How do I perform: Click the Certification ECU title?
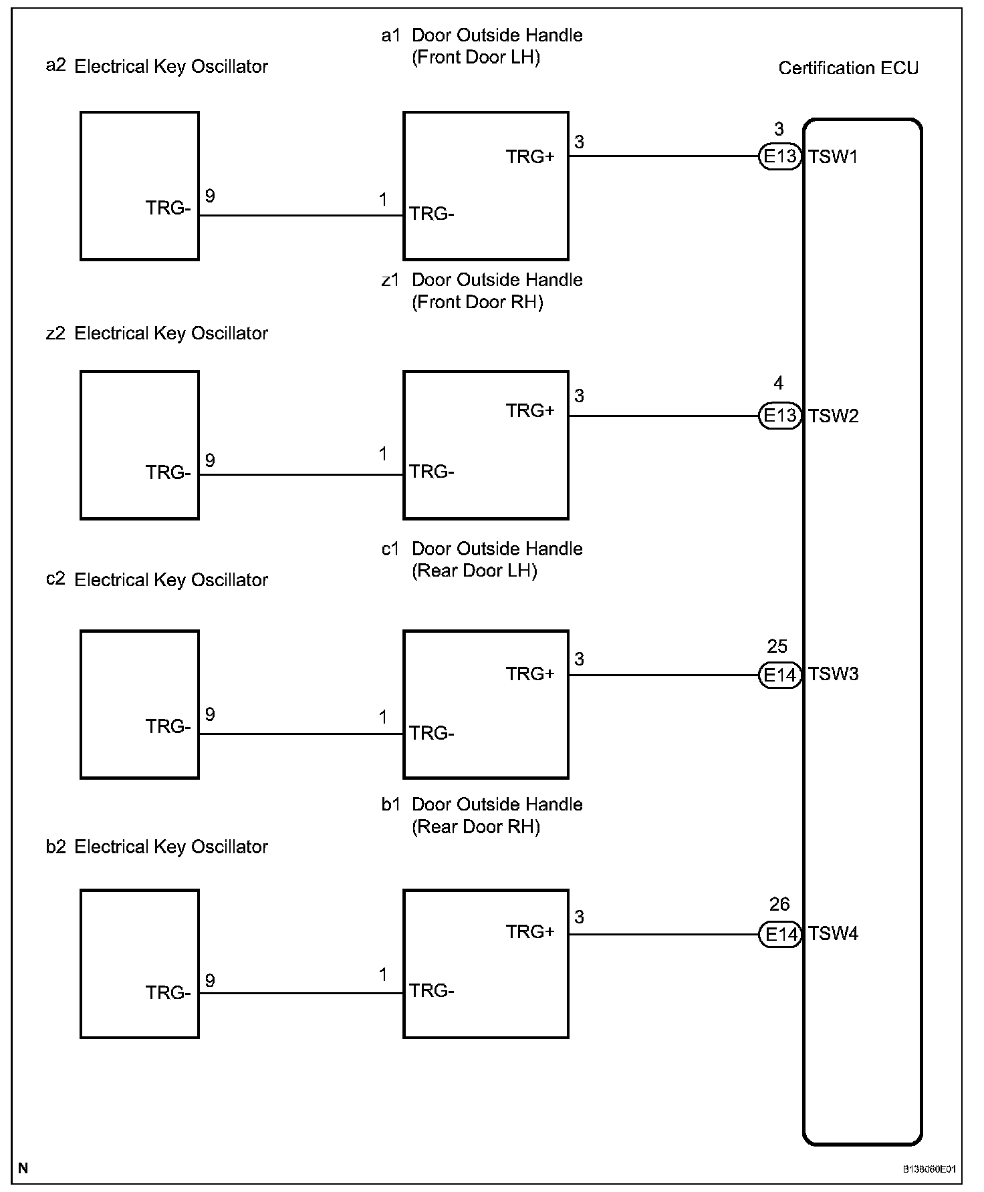tap(848, 68)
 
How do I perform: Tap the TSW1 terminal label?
tap(833, 157)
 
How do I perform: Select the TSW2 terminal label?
tap(833, 416)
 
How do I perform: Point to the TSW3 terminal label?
tap(833, 674)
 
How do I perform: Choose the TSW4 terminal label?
tap(833, 934)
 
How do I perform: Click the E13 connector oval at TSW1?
tap(779, 157)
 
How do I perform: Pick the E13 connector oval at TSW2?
tap(779, 416)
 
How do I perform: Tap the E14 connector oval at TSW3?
tap(779, 676)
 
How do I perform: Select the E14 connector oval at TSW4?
tap(779, 934)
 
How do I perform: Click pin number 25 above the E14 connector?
tap(777, 647)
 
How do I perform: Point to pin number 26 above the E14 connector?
tap(779, 905)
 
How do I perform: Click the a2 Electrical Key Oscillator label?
tap(157, 67)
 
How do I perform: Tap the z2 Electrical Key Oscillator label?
tap(157, 333)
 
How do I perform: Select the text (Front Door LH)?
tap(476, 57)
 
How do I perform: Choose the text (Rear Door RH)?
tap(476, 827)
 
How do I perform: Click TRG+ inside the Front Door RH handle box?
tap(530, 411)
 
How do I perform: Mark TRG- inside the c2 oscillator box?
tap(168, 727)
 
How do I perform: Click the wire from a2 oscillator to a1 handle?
tap(301, 215)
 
